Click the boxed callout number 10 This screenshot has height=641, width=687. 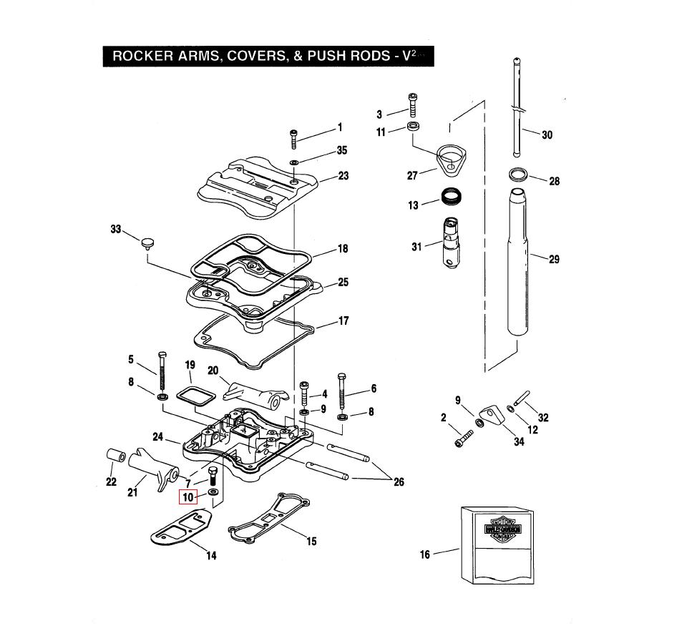coord(187,496)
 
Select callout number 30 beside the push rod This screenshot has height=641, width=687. coord(547,134)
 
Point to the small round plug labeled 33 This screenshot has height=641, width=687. coord(147,243)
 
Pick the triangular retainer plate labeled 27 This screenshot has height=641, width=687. coord(449,158)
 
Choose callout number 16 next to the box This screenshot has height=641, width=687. coord(425,554)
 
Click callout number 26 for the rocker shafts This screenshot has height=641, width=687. coord(399,481)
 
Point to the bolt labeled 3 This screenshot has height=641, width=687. coord(412,105)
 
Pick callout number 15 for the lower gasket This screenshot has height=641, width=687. coord(311,541)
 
